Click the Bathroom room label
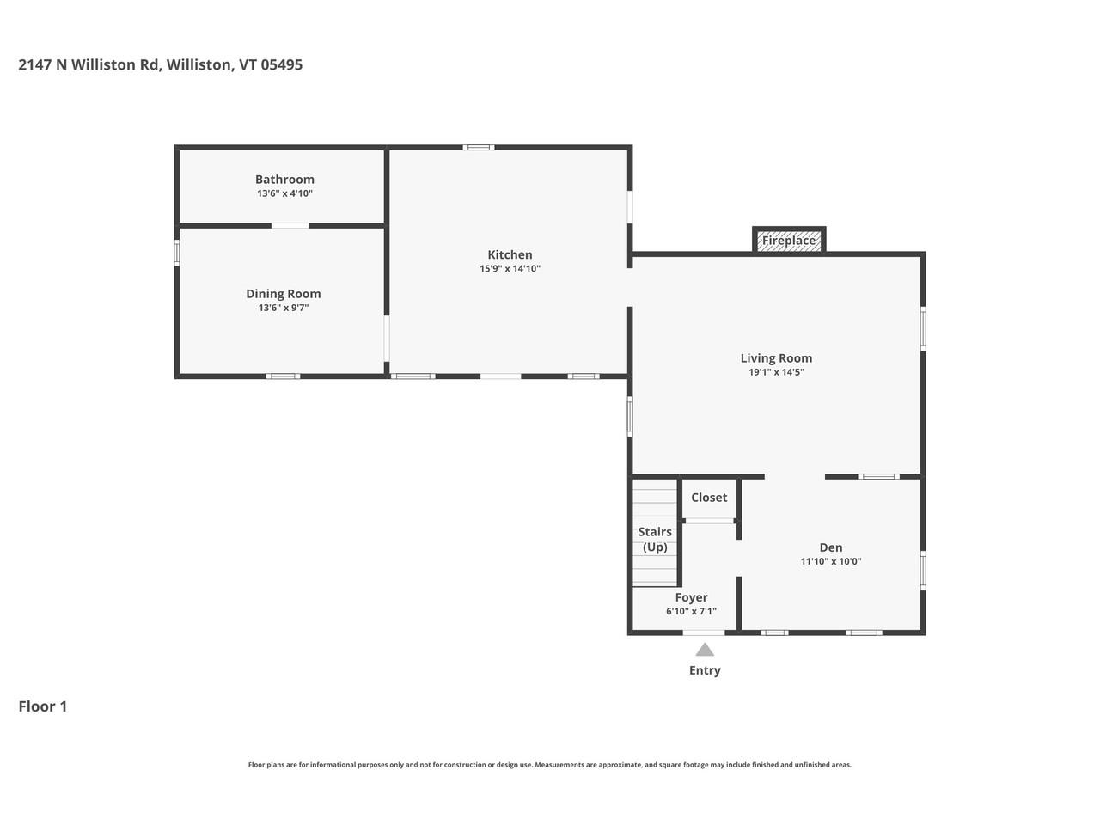click(x=284, y=180)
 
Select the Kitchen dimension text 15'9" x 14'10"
click(x=510, y=269)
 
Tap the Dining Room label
click(x=283, y=294)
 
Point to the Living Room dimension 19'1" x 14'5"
click(x=776, y=372)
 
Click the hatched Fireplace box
click(x=789, y=241)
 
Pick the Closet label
click(x=709, y=498)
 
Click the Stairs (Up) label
click(x=655, y=540)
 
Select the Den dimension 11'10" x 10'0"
click(x=830, y=562)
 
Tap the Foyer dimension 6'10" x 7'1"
click(x=691, y=612)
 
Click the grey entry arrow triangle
click(x=705, y=650)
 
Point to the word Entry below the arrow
click(x=705, y=670)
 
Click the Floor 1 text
click(x=43, y=706)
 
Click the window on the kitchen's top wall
click(x=479, y=148)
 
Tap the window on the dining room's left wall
click(x=177, y=253)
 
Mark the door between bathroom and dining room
click(x=290, y=226)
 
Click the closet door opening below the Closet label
click(x=709, y=521)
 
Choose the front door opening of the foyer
click(x=704, y=633)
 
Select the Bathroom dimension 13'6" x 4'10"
click(x=284, y=194)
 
